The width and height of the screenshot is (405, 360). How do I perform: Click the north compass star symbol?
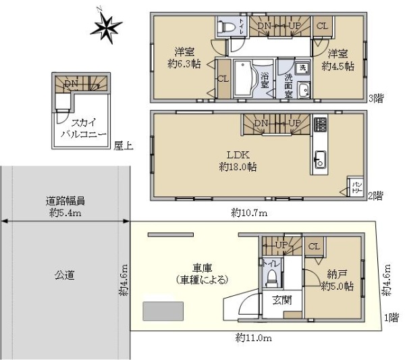106,27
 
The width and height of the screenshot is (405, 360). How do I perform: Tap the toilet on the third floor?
227,28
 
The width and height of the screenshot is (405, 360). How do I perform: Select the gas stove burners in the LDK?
320,126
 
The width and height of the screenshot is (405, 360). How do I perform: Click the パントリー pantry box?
355,186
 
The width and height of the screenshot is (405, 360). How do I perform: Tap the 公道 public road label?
65,275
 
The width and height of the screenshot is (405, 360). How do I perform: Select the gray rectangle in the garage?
163,311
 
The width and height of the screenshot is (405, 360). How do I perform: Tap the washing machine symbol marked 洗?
303,68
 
